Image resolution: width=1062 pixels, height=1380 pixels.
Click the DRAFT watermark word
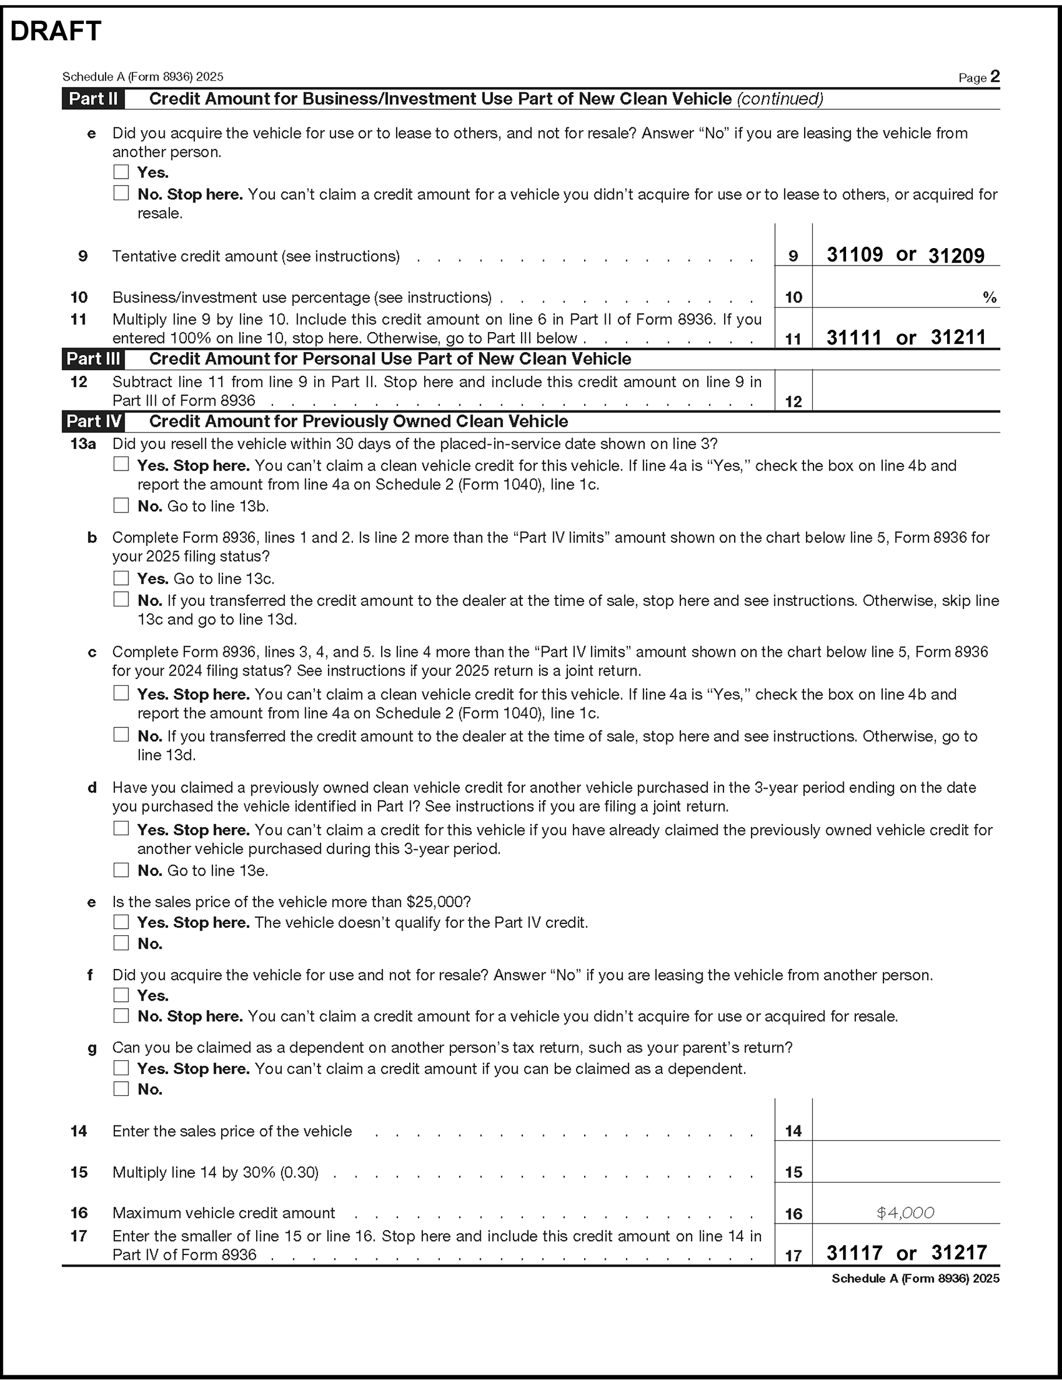coord(55,31)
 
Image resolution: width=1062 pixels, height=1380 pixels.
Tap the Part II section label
coord(93,99)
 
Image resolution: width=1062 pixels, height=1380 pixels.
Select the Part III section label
coord(93,359)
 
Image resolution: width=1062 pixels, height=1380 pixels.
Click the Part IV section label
coord(93,421)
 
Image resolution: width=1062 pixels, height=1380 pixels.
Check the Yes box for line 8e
coord(121,172)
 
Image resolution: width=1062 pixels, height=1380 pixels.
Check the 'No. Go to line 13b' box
coord(121,506)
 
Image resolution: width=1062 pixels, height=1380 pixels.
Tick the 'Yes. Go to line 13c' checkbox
coord(121,578)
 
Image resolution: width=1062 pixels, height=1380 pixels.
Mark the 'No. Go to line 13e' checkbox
coord(121,870)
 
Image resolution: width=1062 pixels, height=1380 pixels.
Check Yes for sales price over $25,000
coord(121,922)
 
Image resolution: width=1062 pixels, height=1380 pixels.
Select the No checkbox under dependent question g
coord(121,1089)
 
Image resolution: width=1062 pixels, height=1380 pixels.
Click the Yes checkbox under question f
coord(121,995)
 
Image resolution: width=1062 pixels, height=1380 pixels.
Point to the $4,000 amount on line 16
coord(905,1213)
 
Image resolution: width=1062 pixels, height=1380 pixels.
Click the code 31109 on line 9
coord(854,255)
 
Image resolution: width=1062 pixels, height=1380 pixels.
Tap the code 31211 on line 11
coord(958,337)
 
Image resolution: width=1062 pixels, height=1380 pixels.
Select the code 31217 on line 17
coord(958,1253)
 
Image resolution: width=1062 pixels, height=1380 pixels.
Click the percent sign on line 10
coord(989,298)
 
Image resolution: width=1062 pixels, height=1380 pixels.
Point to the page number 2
coord(995,76)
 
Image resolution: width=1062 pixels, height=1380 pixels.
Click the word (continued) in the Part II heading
coord(780,99)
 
